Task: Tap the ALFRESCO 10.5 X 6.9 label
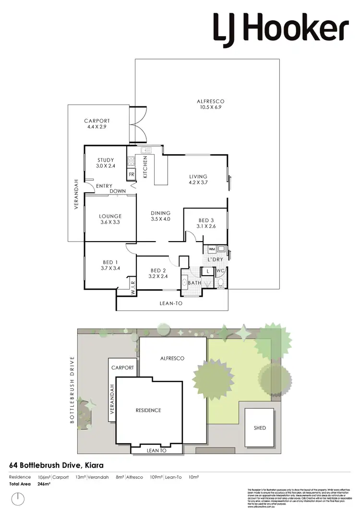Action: pos(211,104)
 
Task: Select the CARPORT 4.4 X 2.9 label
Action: pos(97,124)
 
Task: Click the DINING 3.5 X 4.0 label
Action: pos(160,216)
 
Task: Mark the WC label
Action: pos(219,271)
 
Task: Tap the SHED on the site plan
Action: pos(260,428)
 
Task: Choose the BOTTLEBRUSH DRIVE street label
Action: pos(72,390)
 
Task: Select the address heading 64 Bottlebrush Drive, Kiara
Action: pos(57,465)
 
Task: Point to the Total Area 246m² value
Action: pos(44,484)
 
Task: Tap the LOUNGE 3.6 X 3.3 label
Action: pos(110,219)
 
